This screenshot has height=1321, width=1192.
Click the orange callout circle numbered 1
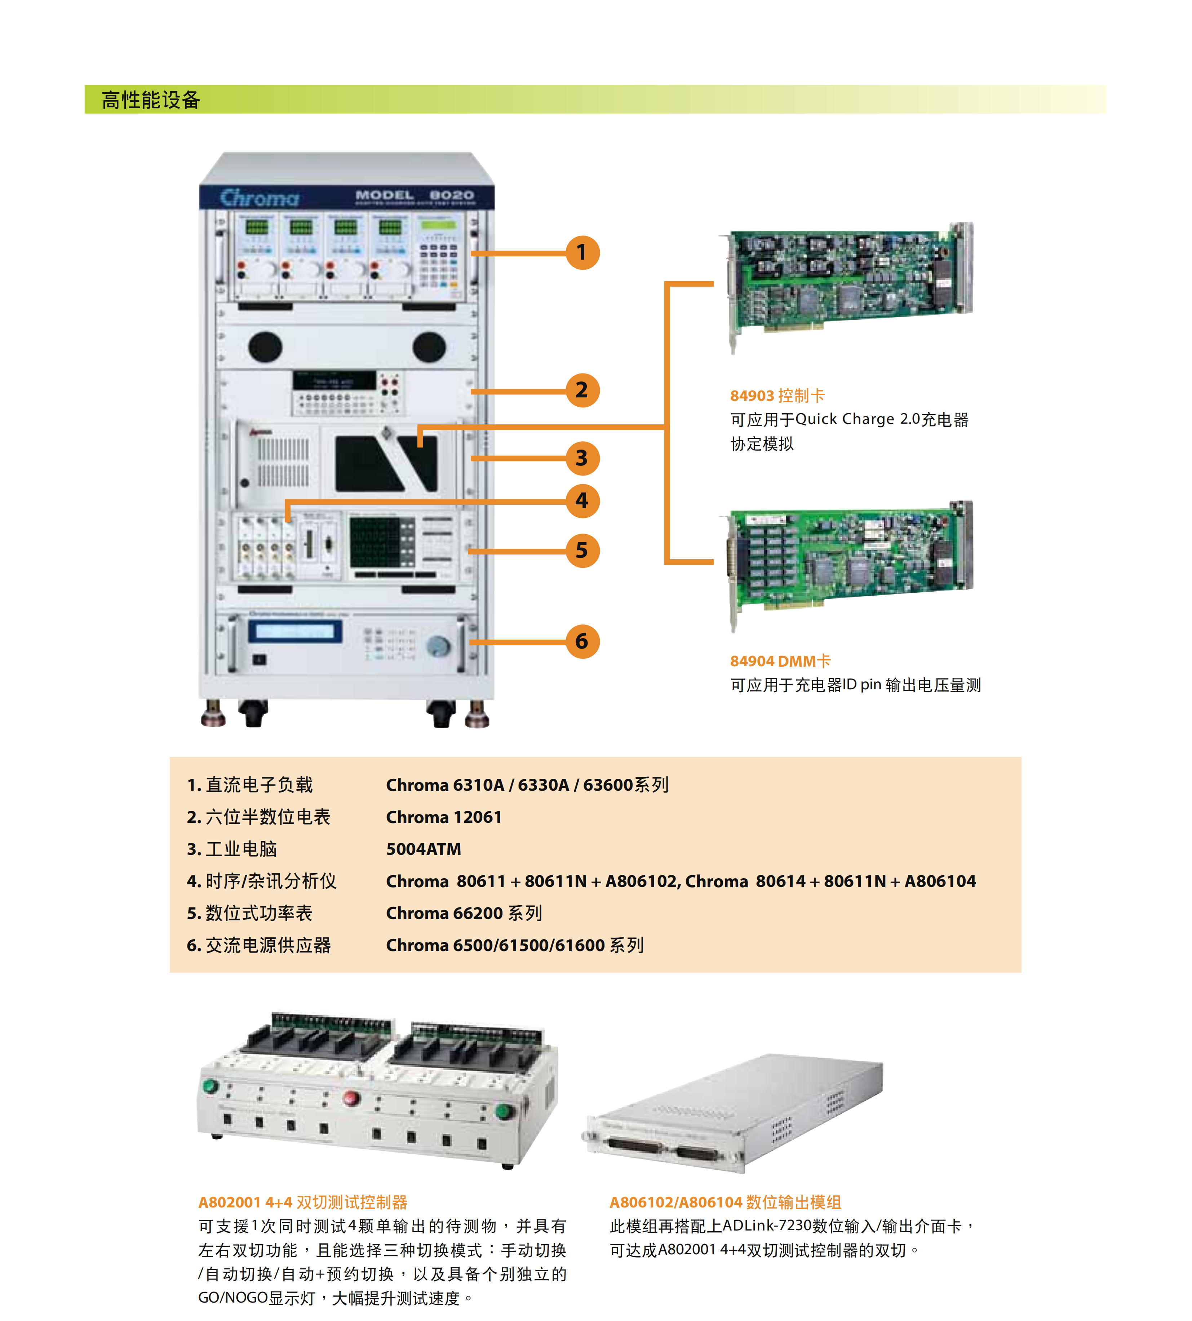click(582, 253)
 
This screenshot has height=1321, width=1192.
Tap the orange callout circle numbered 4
click(582, 501)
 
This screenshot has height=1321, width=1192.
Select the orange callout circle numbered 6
click(582, 641)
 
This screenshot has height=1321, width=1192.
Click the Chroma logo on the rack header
click(260, 197)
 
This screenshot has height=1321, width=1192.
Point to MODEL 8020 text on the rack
click(414, 196)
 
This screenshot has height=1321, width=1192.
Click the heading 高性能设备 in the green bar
click(151, 100)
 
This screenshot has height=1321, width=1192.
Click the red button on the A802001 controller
click(352, 1098)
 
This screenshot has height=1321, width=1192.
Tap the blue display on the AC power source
click(295, 631)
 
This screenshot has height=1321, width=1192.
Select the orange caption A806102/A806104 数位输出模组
click(725, 1202)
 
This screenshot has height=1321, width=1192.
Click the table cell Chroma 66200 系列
click(464, 913)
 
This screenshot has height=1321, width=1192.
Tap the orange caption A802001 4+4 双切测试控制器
click(302, 1202)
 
